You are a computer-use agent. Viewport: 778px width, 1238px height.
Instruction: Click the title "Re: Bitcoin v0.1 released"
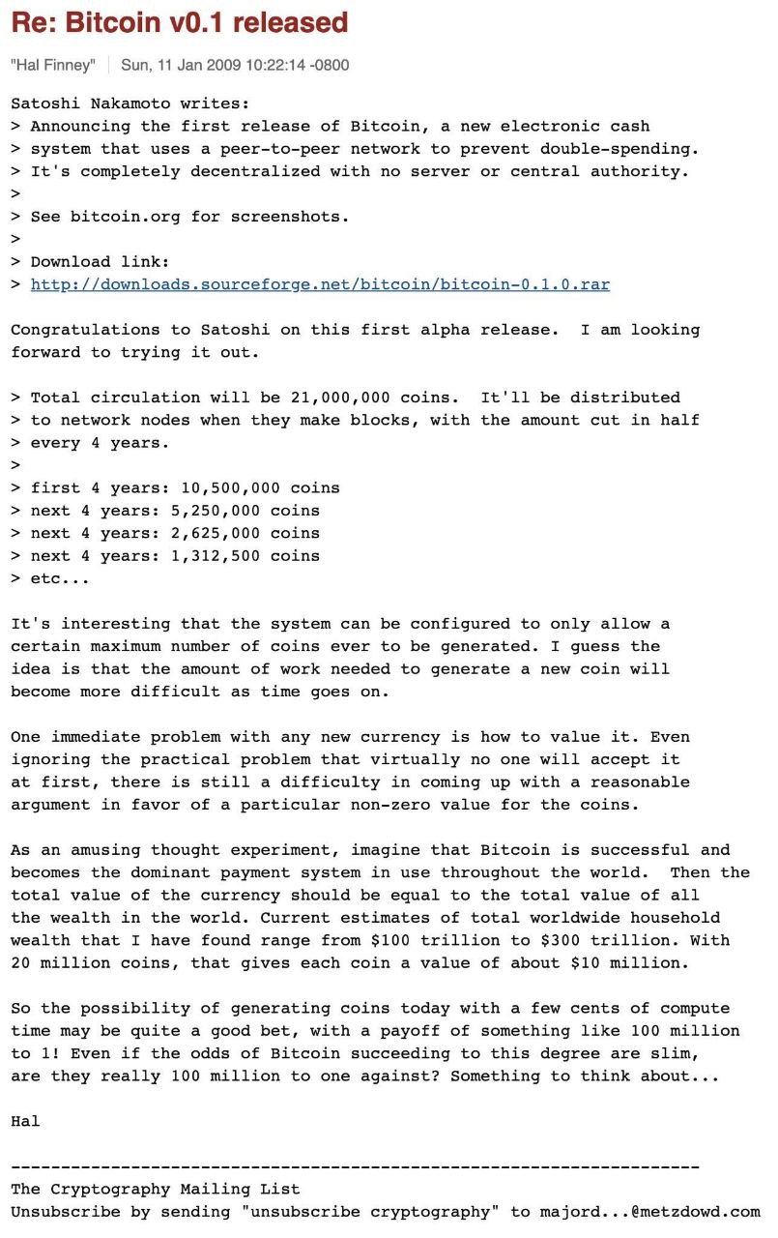(180, 21)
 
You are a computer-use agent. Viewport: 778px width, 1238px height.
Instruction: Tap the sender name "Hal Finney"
(53, 65)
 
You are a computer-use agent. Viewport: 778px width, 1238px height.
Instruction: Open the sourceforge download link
(320, 284)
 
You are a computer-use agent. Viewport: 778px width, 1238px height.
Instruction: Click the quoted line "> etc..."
(50, 578)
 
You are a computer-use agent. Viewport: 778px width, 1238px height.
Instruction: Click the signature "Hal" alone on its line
(25, 1121)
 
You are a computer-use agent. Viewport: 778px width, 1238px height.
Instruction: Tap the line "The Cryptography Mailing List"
(155, 1190)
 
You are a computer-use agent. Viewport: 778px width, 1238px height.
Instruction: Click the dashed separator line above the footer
(355, 1167)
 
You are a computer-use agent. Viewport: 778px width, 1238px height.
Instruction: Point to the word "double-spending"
(619, 149)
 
